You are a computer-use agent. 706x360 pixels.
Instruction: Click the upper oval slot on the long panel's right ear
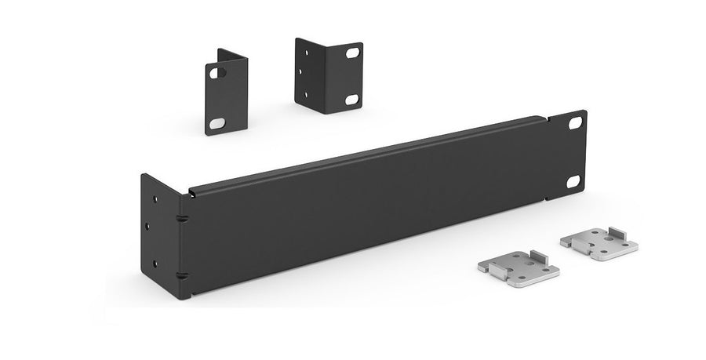pos(575,123)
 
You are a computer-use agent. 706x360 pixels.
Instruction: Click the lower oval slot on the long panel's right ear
pos(573,181)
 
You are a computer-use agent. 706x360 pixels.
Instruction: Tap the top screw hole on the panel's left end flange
pos(155,199)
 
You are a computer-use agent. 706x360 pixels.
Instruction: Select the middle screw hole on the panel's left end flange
pos(149,227)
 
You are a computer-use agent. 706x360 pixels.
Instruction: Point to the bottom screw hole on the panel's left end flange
pos(155,264)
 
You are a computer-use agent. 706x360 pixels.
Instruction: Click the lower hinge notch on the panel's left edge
pos(181,274)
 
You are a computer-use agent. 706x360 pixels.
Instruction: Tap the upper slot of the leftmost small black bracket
pos(217,73)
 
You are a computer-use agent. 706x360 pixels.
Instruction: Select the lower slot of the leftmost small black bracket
pos(217,123)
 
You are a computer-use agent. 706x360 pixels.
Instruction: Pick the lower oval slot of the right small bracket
pos(351,100)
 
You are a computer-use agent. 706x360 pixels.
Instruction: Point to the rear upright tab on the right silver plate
pos(615,232)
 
